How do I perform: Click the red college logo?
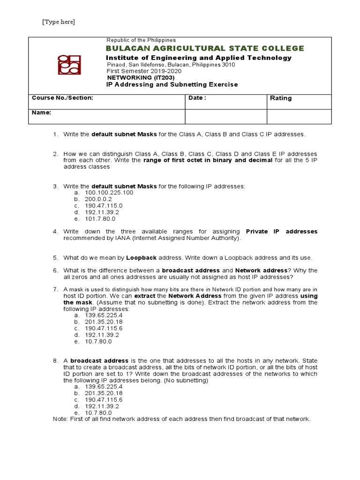69,65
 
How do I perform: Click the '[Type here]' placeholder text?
59,22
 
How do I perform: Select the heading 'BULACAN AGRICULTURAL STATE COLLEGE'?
205,48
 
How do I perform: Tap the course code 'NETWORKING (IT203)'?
136,77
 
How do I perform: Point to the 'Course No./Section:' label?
62,98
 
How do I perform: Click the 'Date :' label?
197,98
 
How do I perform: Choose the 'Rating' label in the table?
281,98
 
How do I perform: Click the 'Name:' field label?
41,113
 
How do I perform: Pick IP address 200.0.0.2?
98,199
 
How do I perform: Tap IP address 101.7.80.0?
100,219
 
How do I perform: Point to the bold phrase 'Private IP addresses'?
281,232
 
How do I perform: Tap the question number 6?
55,270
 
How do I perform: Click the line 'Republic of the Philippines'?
141,40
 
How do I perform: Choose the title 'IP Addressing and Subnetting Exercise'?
172,85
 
